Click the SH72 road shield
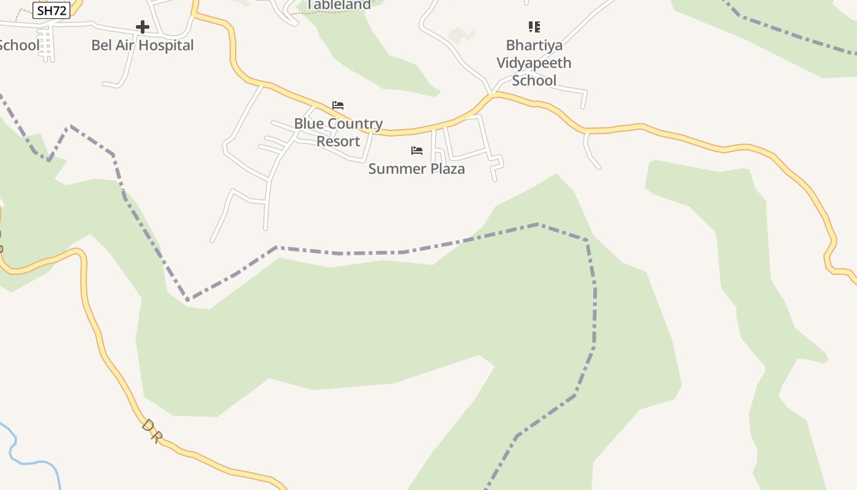pos(51,10)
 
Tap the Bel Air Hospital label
pos(142,45)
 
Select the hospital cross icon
pos(142,27)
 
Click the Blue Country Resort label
pos(338,132)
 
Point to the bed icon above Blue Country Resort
pos(338,105)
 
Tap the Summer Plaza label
pos(416,168)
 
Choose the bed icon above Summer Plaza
pos(417,151)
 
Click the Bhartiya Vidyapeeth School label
pos(534,62)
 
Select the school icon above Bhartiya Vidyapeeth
pos(534,27)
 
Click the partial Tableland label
pos(339,5)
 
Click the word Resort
pos(338,141)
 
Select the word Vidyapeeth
pos(534,62)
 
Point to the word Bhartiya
pos(534,45)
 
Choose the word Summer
pos(393,168)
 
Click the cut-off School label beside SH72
pos(18,45)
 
